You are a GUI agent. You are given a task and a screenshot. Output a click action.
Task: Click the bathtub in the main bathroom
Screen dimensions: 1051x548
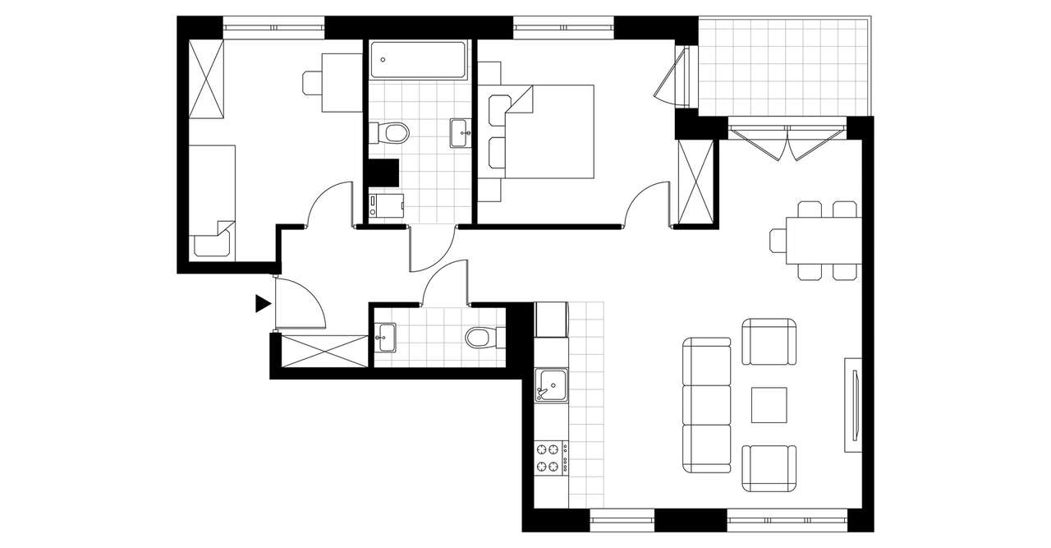click(x=418, y=60)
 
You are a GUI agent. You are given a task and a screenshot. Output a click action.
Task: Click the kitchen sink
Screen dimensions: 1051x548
click(x=551, y=385)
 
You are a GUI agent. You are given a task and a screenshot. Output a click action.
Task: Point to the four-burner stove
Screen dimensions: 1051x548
click(x=551, y=458)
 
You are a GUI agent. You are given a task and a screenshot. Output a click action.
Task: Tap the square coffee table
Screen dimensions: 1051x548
click(x=769, y=405)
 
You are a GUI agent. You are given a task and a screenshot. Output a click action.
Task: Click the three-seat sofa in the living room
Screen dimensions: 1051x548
click(x=707, y=405)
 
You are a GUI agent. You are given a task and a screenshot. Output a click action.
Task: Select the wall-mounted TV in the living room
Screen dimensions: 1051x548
click(x=854, y=404)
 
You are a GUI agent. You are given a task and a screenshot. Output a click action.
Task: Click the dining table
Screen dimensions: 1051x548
click(x=824, y=240)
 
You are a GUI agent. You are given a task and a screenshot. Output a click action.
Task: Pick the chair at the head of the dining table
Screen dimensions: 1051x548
click(x=778, y=240)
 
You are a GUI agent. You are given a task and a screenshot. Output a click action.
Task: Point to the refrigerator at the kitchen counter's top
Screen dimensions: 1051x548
click(x=551, y=320)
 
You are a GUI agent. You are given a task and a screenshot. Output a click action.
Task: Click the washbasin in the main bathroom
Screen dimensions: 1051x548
click(x=461, y=132)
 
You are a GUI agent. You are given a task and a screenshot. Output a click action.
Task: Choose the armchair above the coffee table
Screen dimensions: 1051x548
click(x=769, y=342)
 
